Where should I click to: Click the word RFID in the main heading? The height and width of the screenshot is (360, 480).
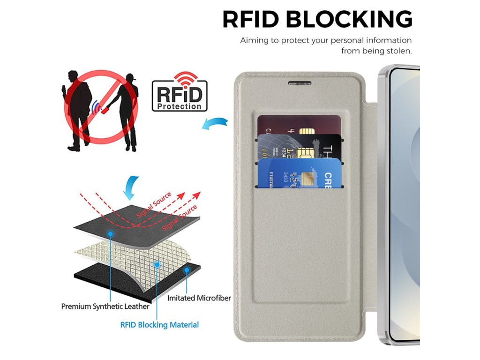(250, 19)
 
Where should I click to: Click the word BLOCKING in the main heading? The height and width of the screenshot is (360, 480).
(349, 19)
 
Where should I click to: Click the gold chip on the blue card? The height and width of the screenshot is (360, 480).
(308, 178)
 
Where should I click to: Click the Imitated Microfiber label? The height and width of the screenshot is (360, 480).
(199, 298)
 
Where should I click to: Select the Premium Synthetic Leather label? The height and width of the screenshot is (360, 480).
(105, 307)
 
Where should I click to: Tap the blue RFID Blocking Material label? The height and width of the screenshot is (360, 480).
(159, 324)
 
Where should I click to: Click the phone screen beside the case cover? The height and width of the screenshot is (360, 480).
(405, 202)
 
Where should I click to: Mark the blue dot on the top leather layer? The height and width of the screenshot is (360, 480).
(111, 232)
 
